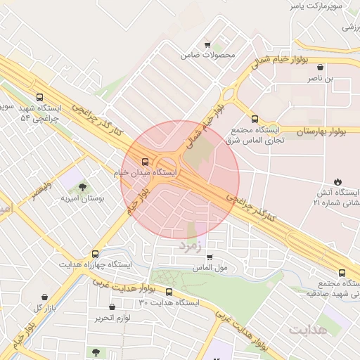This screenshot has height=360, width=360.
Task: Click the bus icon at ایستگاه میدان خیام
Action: (145, 162)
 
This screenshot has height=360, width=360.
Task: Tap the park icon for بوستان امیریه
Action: (83, 187)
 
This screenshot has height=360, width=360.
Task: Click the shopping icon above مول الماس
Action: (209, 257)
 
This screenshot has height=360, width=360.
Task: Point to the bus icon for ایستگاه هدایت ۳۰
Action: (169, 292)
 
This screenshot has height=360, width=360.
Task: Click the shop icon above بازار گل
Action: (46, 297)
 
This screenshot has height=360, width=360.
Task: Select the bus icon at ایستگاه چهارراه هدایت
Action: (95, 254)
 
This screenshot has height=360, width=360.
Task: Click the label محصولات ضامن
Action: (208, 54)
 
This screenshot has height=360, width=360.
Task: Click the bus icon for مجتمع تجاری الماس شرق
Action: (255, 119)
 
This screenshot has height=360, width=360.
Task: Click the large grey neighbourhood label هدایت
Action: (308, 328)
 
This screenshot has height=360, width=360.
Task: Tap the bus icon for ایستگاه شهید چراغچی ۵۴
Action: (39, 97)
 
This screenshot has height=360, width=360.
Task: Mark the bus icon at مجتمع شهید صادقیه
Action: (342, 273)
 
